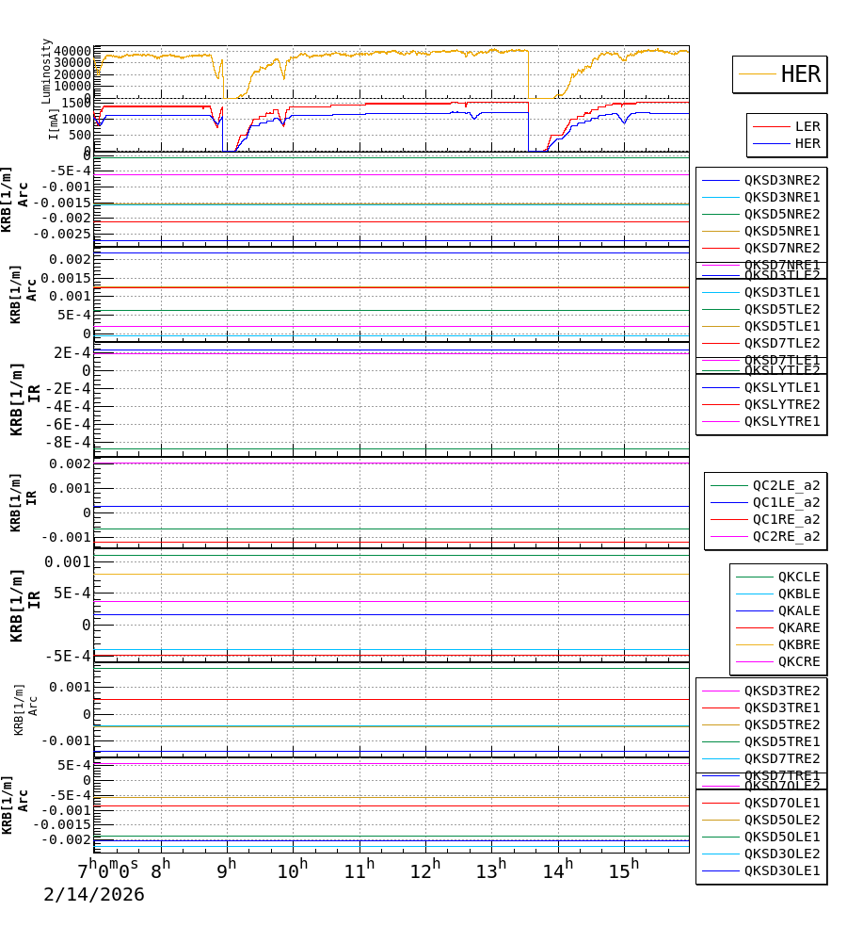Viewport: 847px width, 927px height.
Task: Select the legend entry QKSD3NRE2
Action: point(782,180)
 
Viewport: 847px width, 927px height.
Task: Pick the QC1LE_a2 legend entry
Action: point(786,502)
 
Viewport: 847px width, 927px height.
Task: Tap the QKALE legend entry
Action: point(798,610)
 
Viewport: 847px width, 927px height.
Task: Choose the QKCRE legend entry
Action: point(798,661)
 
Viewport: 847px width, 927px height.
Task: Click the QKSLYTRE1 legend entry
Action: point(782,421)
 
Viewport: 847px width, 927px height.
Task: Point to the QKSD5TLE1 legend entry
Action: point(782,326)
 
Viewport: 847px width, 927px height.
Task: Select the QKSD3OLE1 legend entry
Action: point(782,870)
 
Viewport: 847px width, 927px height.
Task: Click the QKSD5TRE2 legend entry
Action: point(782,724)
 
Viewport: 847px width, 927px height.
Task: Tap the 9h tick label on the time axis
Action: point(227,870)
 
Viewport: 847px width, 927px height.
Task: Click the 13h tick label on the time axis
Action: point(491,870)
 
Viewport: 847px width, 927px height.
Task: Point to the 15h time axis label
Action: point(623,870)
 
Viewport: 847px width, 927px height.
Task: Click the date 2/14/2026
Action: point(94,894)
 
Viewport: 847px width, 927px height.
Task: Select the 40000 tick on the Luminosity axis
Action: point(72,51)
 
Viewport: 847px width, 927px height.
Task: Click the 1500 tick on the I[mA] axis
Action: point(76,103)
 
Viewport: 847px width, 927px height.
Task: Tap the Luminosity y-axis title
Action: point(47,71)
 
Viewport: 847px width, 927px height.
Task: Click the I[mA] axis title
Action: point(54,123)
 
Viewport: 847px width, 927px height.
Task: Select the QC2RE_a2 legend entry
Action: point(786,536)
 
